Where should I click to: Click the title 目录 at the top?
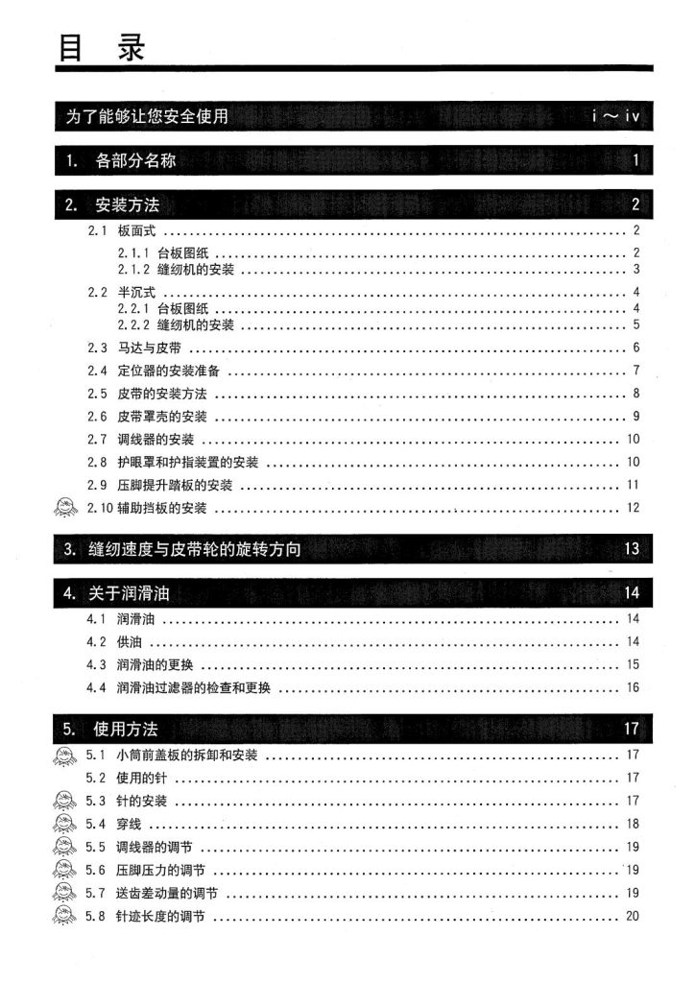[100, 47]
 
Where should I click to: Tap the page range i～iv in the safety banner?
[615, 118]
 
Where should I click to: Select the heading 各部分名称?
[135, 161]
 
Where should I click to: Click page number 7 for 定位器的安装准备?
[635, 371]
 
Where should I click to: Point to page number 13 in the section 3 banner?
[631, 550]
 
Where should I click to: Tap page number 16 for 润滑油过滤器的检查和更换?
[633, 687]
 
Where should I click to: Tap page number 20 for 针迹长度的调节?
[632, 916]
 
